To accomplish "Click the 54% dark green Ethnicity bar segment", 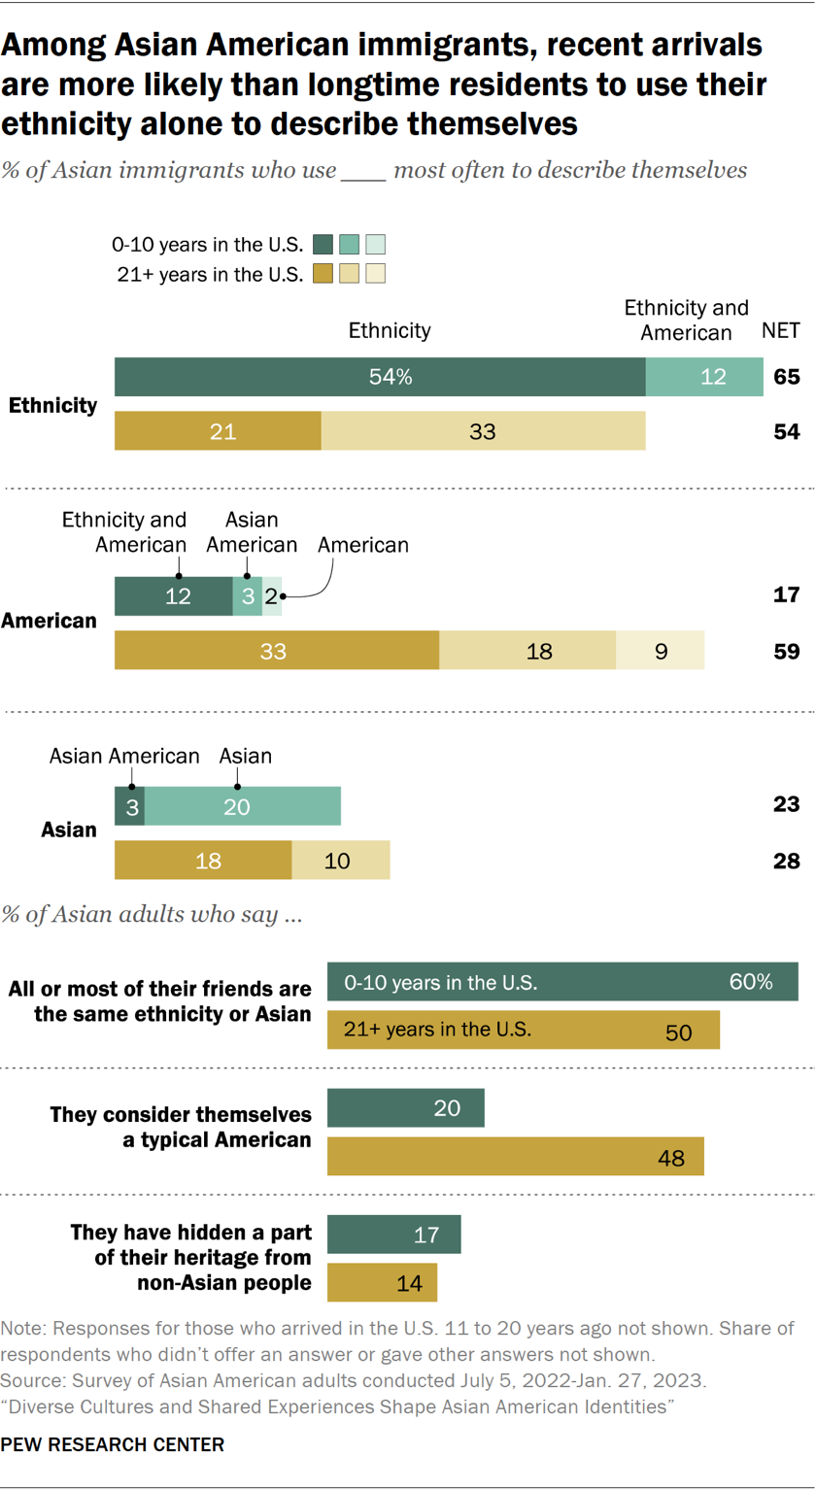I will coord(380,377).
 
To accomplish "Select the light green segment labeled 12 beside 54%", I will coord(704,377).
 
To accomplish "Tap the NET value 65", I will coord(787,377).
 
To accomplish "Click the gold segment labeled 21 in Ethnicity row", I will coord(218,431).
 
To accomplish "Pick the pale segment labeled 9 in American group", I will coord(660,650).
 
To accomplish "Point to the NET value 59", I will coord(787,650).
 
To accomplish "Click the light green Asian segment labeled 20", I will coord(243,805).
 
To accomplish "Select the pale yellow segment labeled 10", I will coord(340,861).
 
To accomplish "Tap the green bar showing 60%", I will coord(563,982).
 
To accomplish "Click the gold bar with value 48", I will coord(516,1157).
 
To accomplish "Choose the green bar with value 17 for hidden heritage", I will coord(394,1234).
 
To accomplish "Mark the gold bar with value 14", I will coord(383,1282).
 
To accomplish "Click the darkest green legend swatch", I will coord(324,243).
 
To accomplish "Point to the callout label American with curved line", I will coord(363,545).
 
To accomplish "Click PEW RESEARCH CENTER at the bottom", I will coord(113,1444).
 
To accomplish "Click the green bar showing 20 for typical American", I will coord(406,1107).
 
